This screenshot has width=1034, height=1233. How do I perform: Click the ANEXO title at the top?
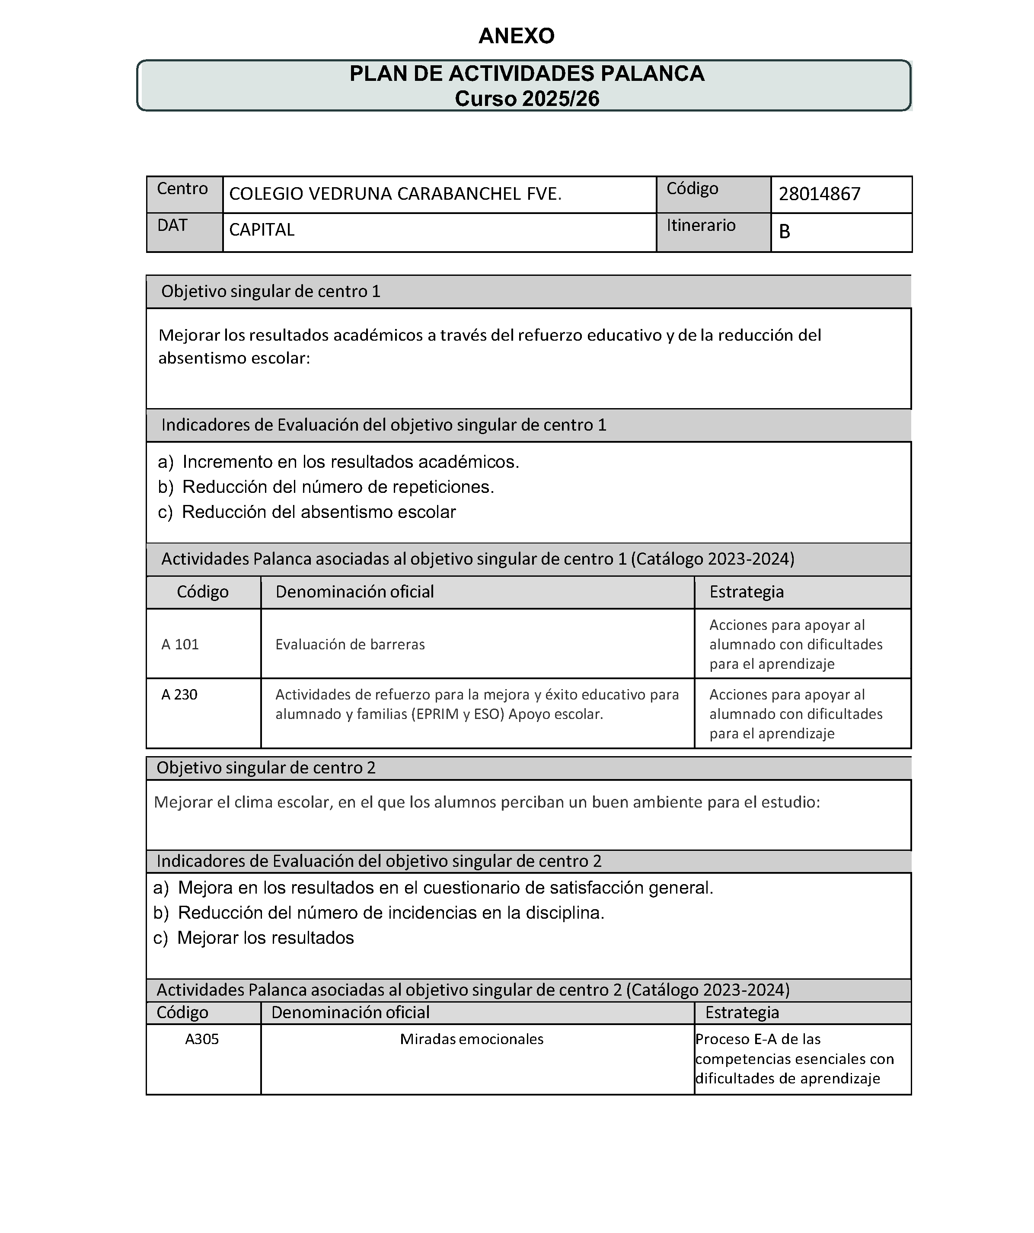(516, 36)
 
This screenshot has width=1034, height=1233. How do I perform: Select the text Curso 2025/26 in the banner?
(527, 99)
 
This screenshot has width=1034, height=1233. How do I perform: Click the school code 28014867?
(819, 194)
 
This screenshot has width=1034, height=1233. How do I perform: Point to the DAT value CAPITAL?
(261, 230)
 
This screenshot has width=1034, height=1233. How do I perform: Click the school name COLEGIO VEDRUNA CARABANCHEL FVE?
(395, 194)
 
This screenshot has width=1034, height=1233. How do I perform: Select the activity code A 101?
(180, 644)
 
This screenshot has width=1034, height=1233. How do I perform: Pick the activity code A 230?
(179, 695)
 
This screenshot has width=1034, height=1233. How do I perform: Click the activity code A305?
(201, 1039)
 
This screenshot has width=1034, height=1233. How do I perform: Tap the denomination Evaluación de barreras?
(350, 644)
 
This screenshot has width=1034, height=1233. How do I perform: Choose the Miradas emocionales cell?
(472, 1039)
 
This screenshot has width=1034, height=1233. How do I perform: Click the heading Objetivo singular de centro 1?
(271, 291)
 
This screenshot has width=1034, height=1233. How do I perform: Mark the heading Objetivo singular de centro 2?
(265, 768)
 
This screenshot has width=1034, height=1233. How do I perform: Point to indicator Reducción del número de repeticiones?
(338, 487)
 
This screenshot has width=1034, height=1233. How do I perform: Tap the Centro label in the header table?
(182, 188)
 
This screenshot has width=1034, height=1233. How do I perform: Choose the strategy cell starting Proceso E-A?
(794, 1059)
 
